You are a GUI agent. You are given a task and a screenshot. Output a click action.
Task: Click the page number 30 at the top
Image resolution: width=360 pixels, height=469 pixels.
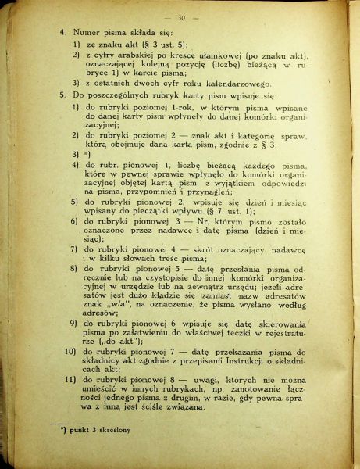click(x=182, y=18)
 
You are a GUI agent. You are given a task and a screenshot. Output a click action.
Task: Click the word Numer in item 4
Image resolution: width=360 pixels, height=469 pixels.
click(x=87, y=34)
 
